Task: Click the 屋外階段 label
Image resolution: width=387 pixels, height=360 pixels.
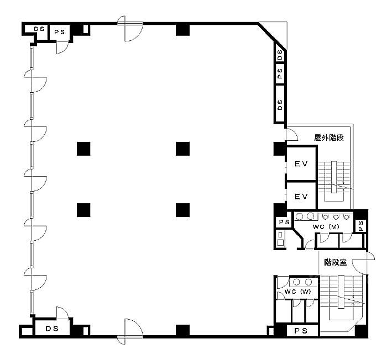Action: (329, 137)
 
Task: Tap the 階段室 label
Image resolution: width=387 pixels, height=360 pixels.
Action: (336, 262)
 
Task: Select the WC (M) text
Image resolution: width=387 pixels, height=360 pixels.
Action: (326, 227)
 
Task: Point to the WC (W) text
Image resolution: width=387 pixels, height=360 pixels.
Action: (297, 292)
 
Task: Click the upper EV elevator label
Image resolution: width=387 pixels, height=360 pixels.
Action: (301, 164)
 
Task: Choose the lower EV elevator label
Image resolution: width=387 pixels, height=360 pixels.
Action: (301, 197)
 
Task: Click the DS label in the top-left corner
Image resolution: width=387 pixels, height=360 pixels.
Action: (39, 29)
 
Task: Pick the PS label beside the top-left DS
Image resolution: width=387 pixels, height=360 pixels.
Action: (60, 32)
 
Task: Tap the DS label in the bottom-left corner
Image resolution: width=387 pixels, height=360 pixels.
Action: (52, 329)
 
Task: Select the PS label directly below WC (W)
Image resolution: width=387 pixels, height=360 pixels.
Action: (301, 331)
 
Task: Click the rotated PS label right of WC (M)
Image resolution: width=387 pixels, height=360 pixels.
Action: (361, 226)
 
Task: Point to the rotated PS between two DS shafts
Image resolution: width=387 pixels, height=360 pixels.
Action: (280, 73)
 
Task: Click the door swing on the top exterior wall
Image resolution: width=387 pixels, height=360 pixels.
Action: (130, 29)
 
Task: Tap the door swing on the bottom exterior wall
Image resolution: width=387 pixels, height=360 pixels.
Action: (130, 331)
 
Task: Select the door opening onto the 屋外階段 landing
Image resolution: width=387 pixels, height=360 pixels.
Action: (291, 134)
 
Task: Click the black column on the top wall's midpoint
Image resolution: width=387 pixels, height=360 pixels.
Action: (182, 30)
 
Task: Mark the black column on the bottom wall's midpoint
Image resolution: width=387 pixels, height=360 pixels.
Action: (182, 330)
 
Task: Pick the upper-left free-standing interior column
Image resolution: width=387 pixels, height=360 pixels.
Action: (83, 149)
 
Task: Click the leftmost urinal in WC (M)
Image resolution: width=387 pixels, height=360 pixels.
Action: (325, 217)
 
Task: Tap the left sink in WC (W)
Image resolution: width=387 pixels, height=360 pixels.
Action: (296, 282)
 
